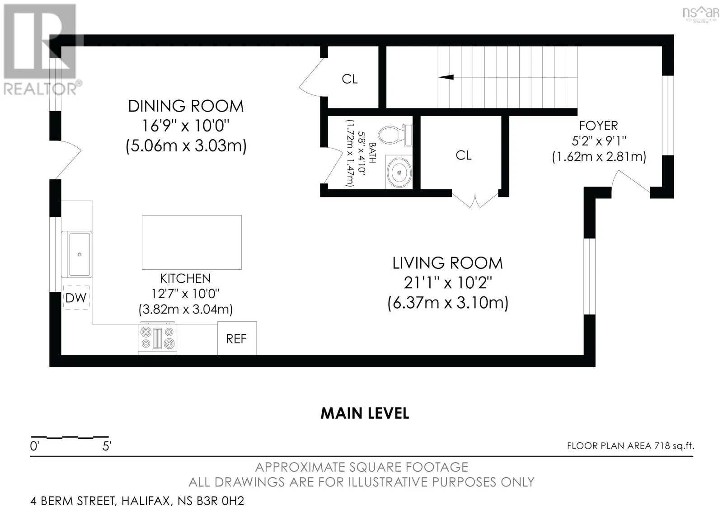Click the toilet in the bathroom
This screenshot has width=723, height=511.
(395, 135)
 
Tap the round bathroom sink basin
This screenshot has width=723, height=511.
(399, 173)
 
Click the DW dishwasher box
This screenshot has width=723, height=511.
(76, 298)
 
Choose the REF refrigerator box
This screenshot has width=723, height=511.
(237, 338)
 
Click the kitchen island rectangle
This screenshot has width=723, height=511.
(192, 242)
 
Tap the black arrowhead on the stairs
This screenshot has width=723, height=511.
(446, 77)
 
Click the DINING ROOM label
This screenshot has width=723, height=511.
(186, 106)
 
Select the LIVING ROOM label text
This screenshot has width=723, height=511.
(448, 263)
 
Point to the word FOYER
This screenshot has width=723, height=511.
(598, 126)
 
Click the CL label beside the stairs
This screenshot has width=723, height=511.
(350, 79)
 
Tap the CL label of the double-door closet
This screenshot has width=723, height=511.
(464, 155)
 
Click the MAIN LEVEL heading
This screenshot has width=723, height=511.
(365, 413)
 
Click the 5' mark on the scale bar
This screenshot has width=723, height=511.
(107, 446)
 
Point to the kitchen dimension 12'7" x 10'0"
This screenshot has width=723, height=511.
(186, 294)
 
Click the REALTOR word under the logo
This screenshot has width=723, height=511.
(40, 89)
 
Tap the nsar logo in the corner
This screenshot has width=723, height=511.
(701, 14)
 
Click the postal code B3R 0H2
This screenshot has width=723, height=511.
(220, 501)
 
